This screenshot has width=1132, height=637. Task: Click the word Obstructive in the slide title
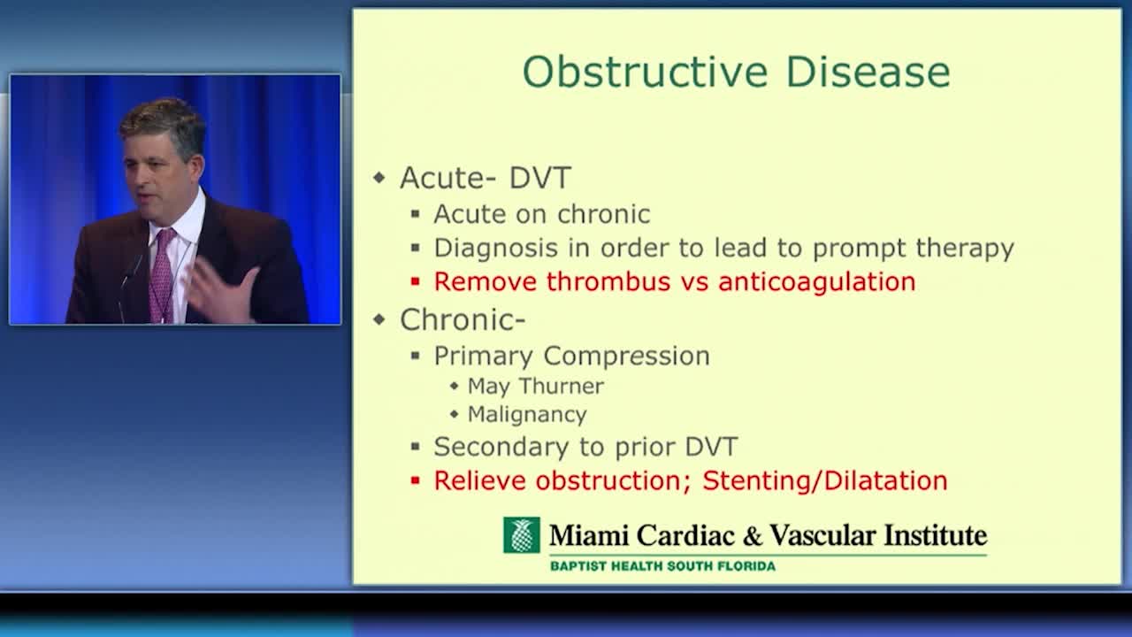coord(646,72)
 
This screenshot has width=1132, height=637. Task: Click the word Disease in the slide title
coord(868,72)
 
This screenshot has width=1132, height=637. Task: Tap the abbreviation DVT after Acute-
coord(539,178)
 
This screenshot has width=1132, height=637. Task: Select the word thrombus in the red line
coord(608,281)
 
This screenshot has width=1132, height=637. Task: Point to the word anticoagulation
coord(816,281)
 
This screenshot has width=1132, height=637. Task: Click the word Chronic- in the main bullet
coord(463,319)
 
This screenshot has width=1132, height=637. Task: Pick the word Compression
coord(627,357)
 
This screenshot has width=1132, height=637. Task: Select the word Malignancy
coord(527,415)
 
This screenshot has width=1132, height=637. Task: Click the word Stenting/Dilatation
coord(825,480)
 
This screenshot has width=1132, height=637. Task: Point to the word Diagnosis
coord(496,249)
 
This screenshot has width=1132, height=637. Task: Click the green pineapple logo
coord(521,535)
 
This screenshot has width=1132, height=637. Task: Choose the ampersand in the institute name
coord(752,535)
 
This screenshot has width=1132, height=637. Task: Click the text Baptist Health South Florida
coord(662,565)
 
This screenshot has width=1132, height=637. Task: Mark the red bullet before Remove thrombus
coord(416,281)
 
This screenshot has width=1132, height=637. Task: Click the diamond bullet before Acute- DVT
coord(379,178)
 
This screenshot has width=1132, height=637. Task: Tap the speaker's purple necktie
coord(163,275)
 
